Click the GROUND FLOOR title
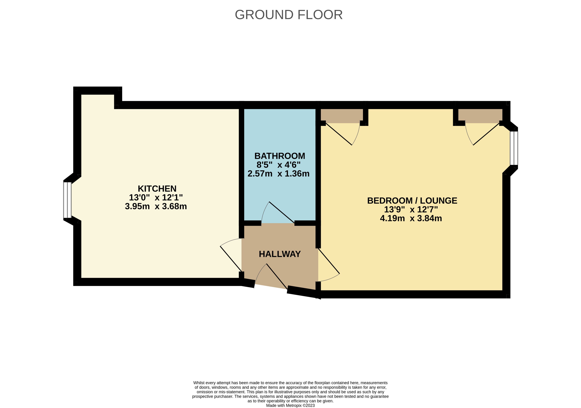tap(289, 15)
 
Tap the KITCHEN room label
tap(157, 189)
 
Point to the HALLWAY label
tap(280, 254)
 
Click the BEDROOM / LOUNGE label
tap(412, 201)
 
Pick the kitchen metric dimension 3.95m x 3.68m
tap(156, 206)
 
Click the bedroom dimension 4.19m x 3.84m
tap(411, 218)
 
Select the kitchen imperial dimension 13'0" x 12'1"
tap(156, 197)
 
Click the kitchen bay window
tap(67, 200)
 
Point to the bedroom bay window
tap(514, 148)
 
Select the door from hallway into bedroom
tap(329, 261)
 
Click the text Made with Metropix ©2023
tap(290, 405)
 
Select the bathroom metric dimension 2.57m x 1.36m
tap(278, 174)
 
